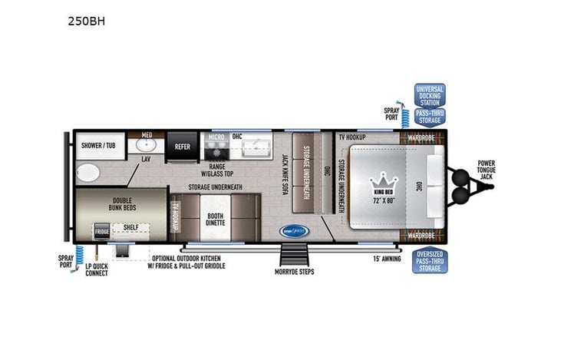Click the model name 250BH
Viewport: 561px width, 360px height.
click(x=86, y=21)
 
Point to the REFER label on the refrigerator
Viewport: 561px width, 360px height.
click(x=183, y=146)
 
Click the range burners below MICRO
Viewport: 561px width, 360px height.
click(x=216, y=145)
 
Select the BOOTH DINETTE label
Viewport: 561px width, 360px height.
click(x=215, y=220)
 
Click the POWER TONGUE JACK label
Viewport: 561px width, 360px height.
click(x=486, y=170)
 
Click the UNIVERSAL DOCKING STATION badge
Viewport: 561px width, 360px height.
click(x=430, y=95)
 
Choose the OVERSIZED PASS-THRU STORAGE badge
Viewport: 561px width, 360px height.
click(x=430, y=261)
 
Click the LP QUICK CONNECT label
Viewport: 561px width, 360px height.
click(x=97, y=269)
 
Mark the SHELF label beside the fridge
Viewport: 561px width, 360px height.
click(x=131, y=226)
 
